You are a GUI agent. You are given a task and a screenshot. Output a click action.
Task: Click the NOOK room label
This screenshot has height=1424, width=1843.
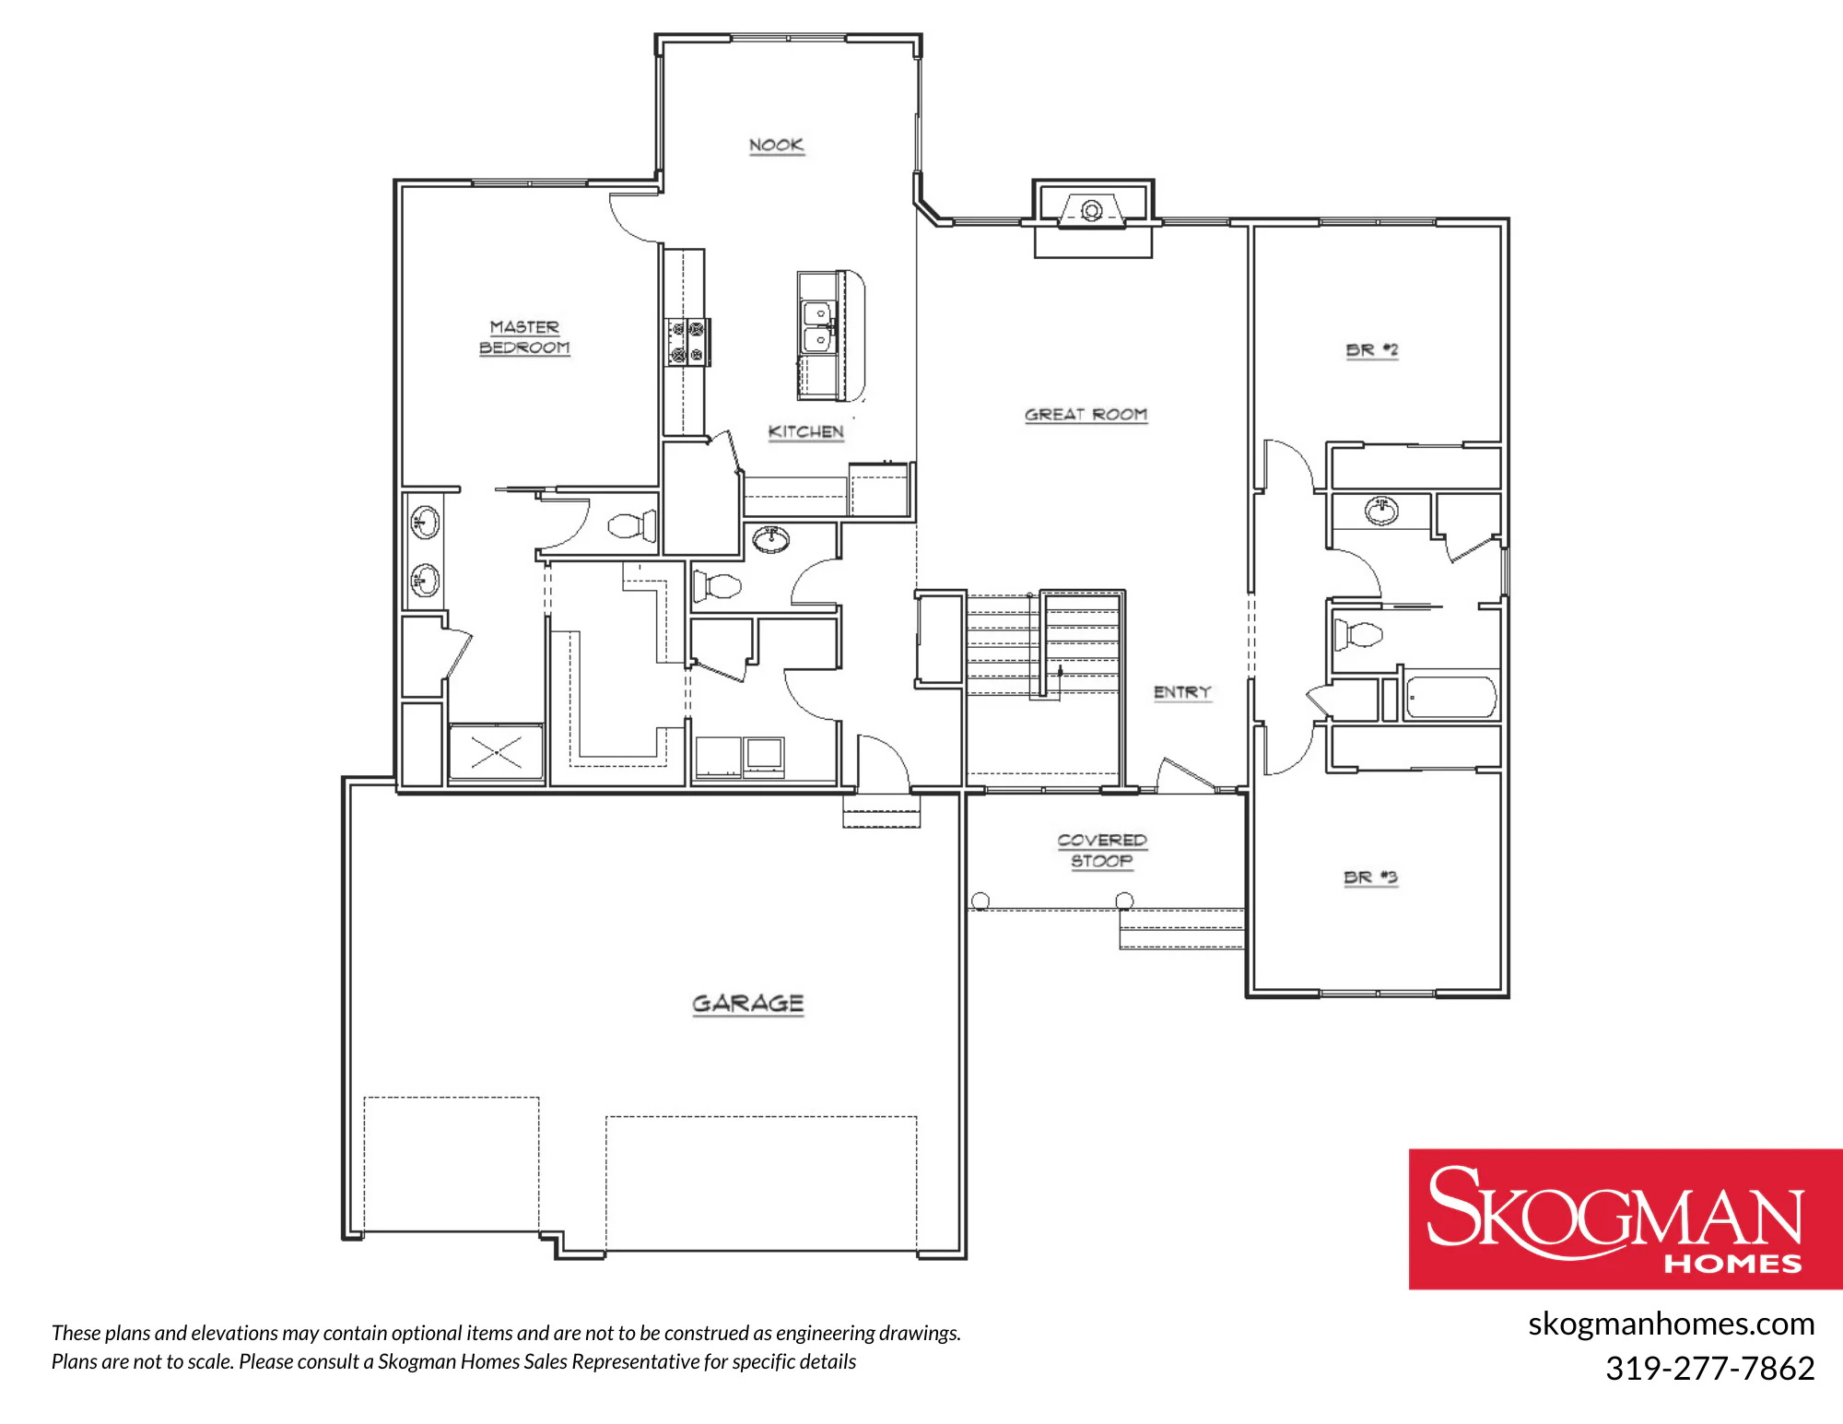pyautogui.click(x=776, y=146)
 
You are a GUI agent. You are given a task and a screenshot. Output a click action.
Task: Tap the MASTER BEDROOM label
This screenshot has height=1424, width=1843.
pyautogui.click(x=524, y=337)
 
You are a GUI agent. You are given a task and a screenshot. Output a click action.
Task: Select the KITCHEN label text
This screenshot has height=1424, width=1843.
pyautogui.click(x=806, y=432)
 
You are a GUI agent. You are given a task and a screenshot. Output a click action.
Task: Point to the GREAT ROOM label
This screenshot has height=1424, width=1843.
pyautogui.click(x=1086, y=415)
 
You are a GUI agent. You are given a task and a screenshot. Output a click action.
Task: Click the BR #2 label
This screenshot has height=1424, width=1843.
pyautogui.click(x=1372, y=350)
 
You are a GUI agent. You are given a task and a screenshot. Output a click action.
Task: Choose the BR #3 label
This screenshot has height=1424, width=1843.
pyautogui.click(x=1370, y=877)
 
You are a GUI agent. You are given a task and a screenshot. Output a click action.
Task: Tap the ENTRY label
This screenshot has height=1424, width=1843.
pyautogui.click(x=1182, y=692)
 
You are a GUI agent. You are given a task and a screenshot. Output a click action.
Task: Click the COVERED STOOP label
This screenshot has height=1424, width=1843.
pyautogui.click(x=1102, y=851)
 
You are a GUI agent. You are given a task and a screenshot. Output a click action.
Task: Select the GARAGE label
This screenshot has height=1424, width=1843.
pyautogui.click(x=748, y=1004)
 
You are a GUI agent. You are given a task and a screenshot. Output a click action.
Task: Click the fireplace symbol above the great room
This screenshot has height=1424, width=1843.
pyautogui.click(x=1092, y=211)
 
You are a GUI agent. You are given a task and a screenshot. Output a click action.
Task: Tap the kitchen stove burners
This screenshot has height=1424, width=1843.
pyautogui.click(x=687, y=342)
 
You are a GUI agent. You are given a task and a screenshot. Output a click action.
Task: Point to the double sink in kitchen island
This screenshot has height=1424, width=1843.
pyautogui.click(x=817, y=327)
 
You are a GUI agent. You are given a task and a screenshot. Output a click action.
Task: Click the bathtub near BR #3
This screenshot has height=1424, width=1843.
pyautogui.click(x=1450, y=698)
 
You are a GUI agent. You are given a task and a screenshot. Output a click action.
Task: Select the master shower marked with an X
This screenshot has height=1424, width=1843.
pyautogui.click(x=497, y=753)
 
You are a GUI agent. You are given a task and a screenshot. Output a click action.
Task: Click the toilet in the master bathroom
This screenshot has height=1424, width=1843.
pyautogui.click(x=632, y=526)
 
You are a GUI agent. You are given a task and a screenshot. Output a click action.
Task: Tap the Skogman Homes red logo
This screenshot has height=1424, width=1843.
pyautogui.click(x=1626, y=1218)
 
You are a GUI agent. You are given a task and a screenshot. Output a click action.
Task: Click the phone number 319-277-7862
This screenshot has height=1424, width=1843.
pyautogui.click(x=1709, y=1368)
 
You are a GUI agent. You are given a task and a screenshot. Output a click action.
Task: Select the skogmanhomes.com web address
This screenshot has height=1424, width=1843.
pyautogui.click(x=1671, y=1324)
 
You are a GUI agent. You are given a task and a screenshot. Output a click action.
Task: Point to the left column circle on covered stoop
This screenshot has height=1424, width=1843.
pyautogui.click(x=980, y=900)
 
